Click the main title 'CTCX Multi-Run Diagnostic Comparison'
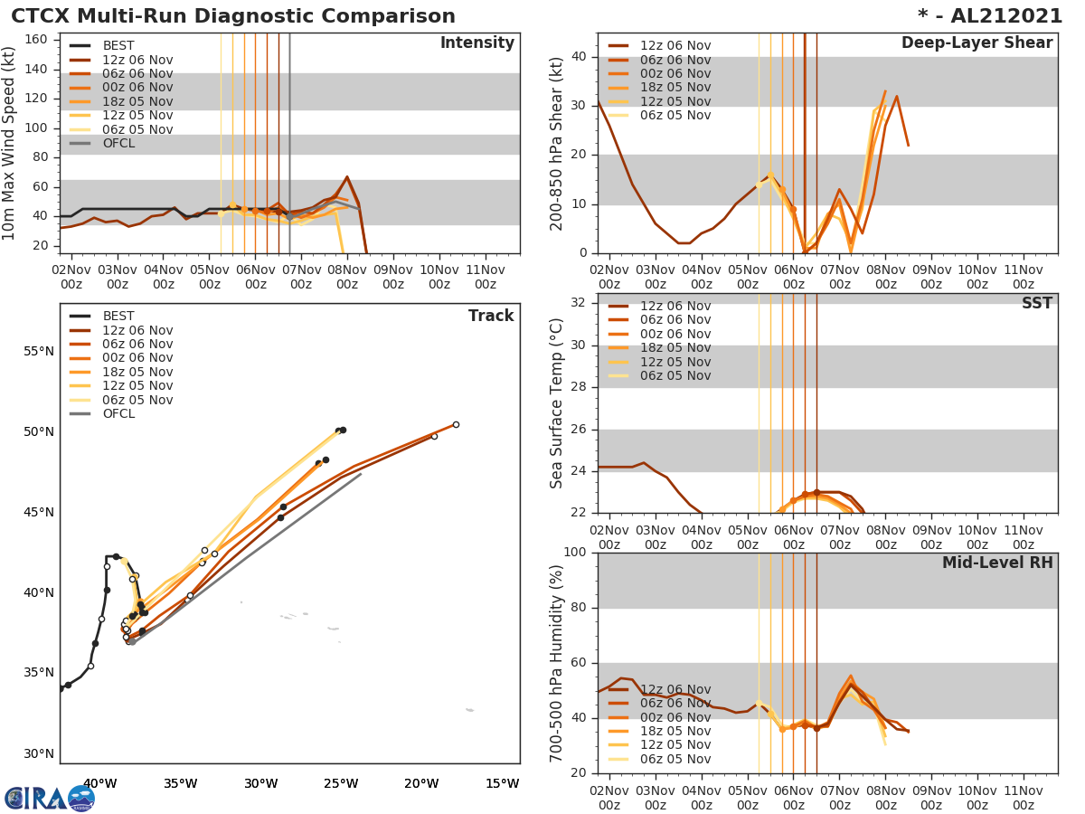[x=233, y=16]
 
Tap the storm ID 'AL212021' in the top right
[x=1001, y=16]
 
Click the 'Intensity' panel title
[x=476, y=43]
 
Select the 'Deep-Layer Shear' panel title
[x=976, y=43]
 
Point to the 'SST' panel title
[x=1036, y=304]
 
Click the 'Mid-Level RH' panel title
[x=997, y=563]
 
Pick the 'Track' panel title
[x=491, y=316]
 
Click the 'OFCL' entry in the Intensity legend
[x=118, y=143]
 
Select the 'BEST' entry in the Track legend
[x=118, y=316]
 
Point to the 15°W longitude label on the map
[x=502, y=783]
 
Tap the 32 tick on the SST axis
[x=579, y=302]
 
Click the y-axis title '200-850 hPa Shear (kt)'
[x=558, y=143]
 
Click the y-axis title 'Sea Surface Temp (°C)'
[x=558, y=402]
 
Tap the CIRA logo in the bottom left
[x=49, y=797]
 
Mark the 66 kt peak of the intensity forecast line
[x=346, y=176]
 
